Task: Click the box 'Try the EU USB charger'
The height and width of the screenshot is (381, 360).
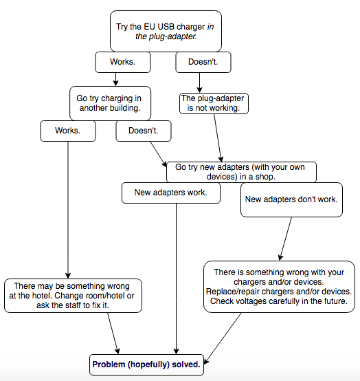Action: pos(166,31)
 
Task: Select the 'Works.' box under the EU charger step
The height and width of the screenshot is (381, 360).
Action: pos(123,62)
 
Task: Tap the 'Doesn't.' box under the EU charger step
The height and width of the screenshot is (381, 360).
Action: pos(203,62)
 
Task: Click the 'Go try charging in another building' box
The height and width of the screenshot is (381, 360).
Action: pos(110,103)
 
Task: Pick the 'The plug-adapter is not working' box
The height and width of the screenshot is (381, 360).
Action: pos(214,103)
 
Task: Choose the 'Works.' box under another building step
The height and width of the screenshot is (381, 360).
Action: pos(68,131)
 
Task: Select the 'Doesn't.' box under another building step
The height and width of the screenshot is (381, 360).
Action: pos(144,131)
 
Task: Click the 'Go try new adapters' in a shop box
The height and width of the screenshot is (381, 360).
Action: pos(241,172)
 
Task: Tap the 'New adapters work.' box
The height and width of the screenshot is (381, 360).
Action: pos(171,193)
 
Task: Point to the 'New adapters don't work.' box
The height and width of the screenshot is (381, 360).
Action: pos(291,199)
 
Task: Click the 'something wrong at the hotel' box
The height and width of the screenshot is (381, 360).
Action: pos(73,296)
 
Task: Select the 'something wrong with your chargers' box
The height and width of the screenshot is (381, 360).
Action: pos(279,287)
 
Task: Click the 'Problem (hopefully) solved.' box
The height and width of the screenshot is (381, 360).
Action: pos(146,364)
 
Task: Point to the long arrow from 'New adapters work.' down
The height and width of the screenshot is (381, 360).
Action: pos(177,279)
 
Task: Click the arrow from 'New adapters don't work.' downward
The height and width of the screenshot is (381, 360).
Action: pos(286,239)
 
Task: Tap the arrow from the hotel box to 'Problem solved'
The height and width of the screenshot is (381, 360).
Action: pos(113,334)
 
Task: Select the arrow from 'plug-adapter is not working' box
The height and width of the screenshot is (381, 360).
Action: pos(218,138)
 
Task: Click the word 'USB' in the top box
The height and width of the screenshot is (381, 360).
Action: pos(166,27)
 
